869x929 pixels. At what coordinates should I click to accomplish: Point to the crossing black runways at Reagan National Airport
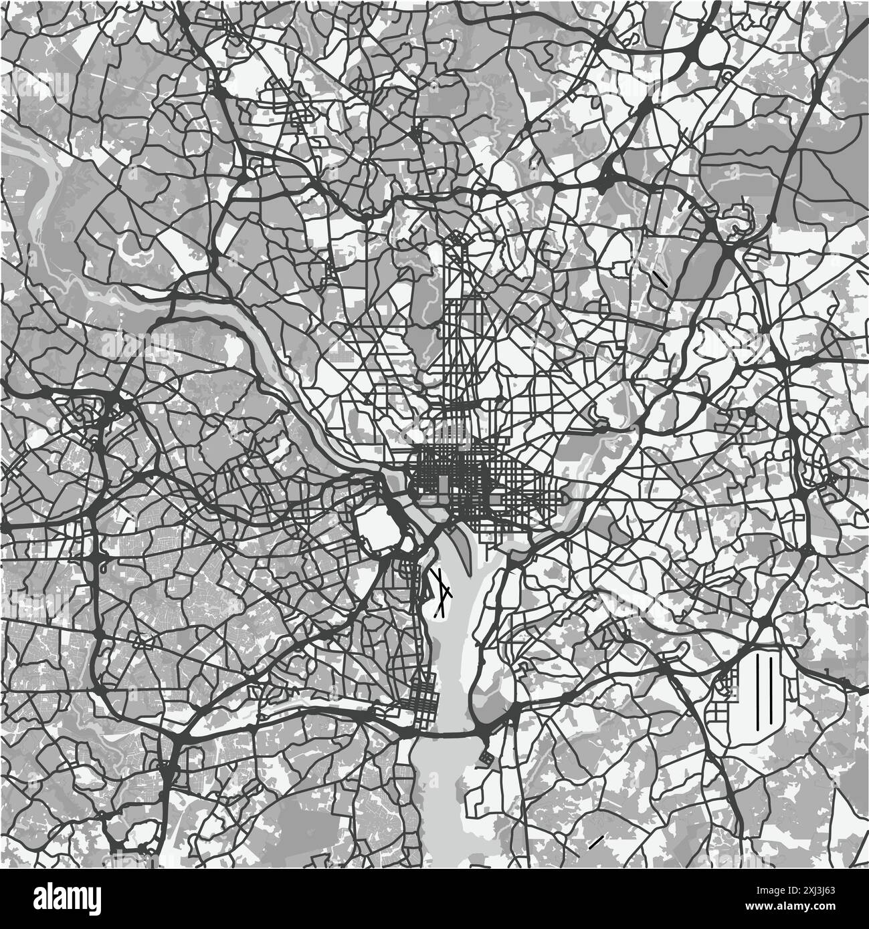[x=442, y=591]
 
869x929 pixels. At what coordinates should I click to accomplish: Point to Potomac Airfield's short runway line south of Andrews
[x=595, y=842]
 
